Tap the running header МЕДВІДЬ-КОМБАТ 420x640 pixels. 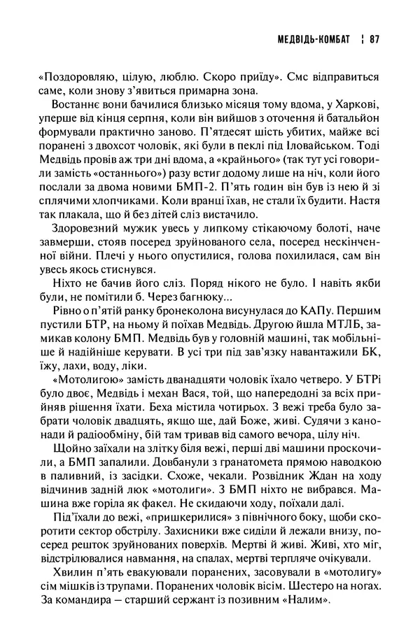[x=313, y=40]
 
